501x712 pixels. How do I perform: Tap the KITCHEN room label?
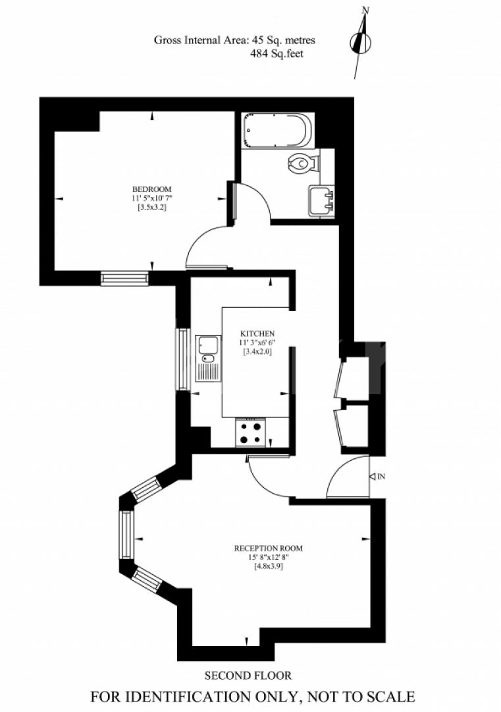click(257, 334)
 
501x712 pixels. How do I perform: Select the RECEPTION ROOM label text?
click(269, 548)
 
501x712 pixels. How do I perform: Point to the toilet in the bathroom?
click(303, 162)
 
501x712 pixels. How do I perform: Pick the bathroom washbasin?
click(321, 200)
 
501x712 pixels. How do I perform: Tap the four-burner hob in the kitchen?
click(251, 432)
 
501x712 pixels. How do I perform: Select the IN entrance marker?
click(378, 476)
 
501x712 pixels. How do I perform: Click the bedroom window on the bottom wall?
click(124, 278)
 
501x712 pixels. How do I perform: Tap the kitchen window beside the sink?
click(182, 359)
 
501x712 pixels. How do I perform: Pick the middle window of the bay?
click(126, 535)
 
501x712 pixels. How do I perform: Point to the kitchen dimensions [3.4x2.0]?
click(257, 352)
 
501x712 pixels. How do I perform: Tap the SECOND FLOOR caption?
click(248, 675)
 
